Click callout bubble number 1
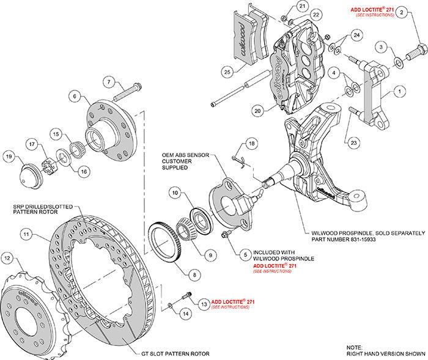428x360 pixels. (x=400, y=92)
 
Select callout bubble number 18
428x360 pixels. (x=250, y=143)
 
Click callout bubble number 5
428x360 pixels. (x=246, y=251)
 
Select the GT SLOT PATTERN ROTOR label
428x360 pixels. (x=175, y=354)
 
